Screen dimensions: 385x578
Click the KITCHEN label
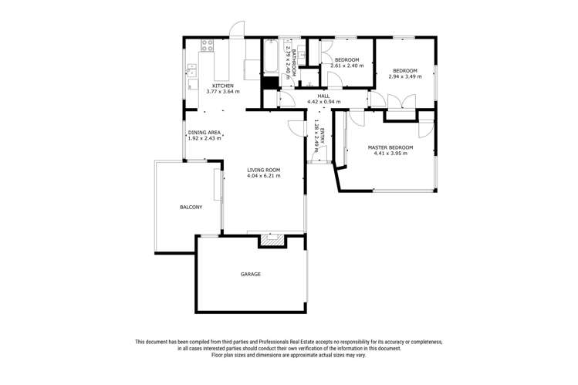[223, 86]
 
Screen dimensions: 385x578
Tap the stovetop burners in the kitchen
[207, 46]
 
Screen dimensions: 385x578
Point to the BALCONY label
[191, 208]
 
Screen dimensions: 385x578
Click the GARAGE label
[250, 274]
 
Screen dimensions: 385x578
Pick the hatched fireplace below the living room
[271, 241]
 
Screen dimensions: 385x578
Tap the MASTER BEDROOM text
[390, 147]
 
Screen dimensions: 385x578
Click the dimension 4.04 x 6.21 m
[263, 176]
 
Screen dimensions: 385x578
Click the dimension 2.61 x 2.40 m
[346, 66]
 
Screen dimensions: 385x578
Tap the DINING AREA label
[205, 133]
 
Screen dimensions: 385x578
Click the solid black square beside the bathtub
[269, 84]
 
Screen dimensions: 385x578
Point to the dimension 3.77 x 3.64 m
[223, 92]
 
